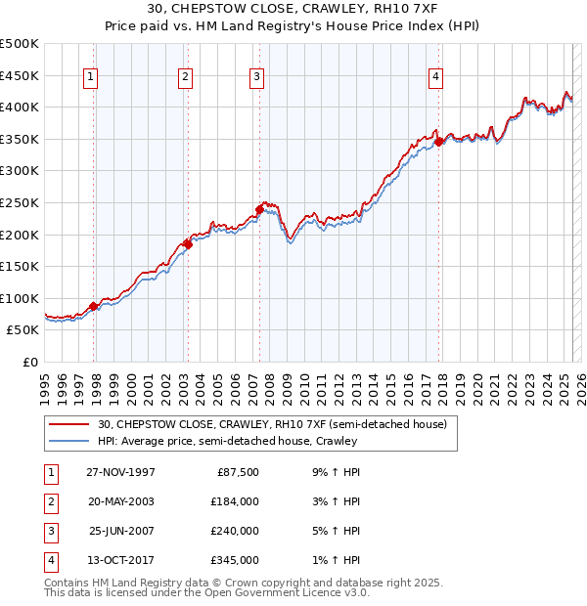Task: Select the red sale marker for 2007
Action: pos(259,208)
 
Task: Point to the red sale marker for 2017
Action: pos(438,141)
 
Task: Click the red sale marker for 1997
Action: pos(94,306)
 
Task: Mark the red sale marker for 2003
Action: pos(188,244)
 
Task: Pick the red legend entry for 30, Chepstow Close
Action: pos(272,424)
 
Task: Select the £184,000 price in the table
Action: pos(235,501)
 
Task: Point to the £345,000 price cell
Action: pos(235,560)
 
